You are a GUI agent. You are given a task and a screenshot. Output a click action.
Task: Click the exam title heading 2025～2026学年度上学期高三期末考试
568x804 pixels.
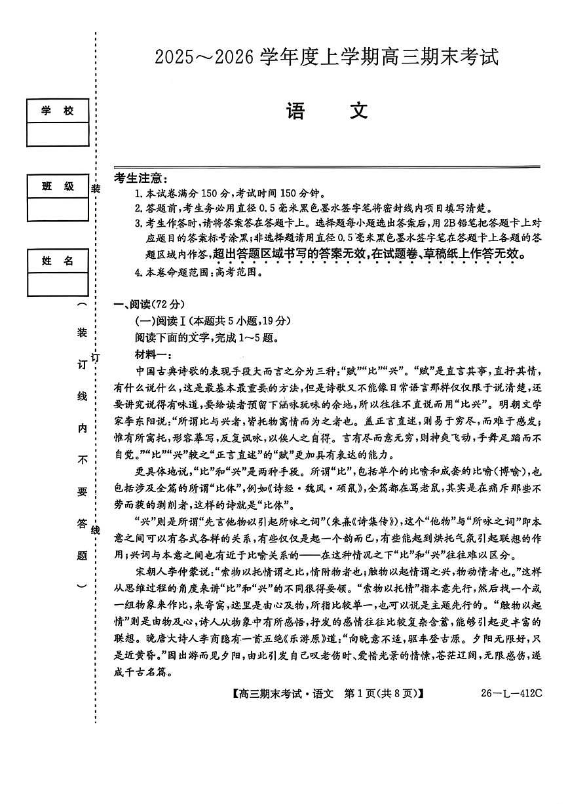[x=326, y=58]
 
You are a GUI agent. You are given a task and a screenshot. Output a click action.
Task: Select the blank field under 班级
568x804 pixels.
[x=58, y=210]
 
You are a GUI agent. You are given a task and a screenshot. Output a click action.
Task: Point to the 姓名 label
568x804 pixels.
[x=58, y=261]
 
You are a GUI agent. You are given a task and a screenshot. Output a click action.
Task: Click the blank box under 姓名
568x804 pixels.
[x=58, y=284]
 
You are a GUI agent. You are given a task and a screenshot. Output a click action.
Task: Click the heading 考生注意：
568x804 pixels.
[x=140, y=178]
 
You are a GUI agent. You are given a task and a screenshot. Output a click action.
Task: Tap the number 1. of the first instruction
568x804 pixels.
[x=138, y=193]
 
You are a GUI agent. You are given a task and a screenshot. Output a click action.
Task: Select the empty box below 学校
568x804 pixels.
[x=58, y=134]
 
